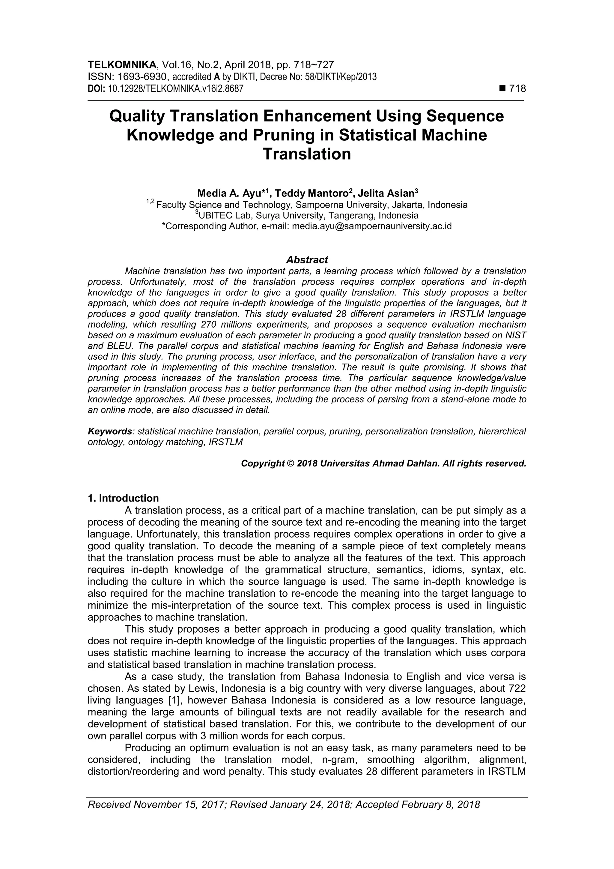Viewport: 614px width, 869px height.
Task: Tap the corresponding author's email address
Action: tap(371, 226)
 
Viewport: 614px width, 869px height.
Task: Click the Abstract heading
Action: tap(307, 260)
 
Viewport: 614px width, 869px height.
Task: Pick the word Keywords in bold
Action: tap(110, 431)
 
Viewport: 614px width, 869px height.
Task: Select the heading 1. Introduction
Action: tap(123, 498)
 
